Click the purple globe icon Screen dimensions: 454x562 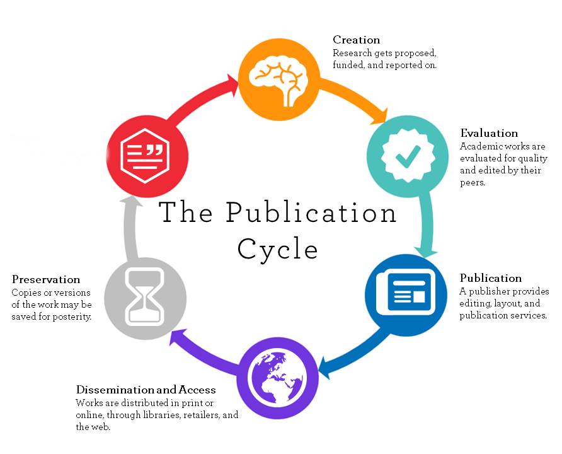coord(278,376)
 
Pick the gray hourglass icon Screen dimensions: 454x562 coord(146,297)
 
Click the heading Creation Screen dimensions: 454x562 coord(356,40)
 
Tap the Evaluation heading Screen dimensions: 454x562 coord(489,133)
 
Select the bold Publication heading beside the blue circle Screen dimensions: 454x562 coord(491,278)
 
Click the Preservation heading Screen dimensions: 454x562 coord(46,279)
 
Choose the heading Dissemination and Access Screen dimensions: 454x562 coord(146,390)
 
